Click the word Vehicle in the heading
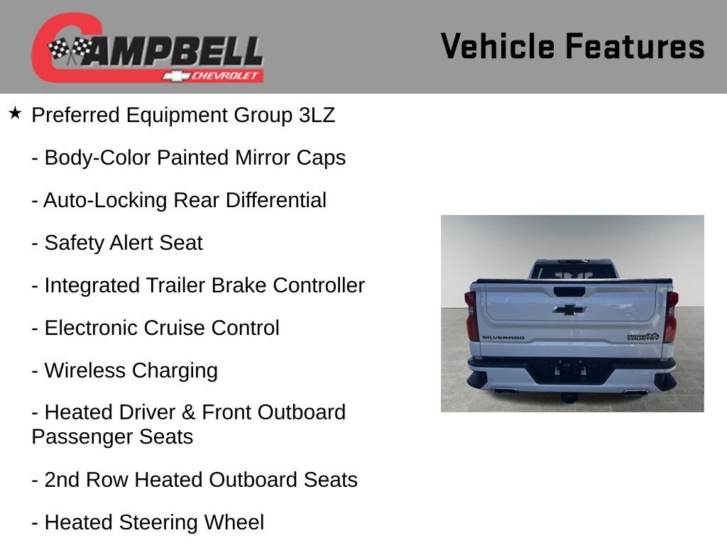(x=497, y=47)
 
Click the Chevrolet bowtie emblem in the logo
(x=175, y=76)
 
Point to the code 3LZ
(x=317, y=115)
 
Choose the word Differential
(x=275, y=200)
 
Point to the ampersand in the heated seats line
(x=190, y=412)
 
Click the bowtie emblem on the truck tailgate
(x=569, y=309)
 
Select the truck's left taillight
(x=471, y=316)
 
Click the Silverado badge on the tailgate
(x=503, y=338)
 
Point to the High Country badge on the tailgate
(x=643, y=336)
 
